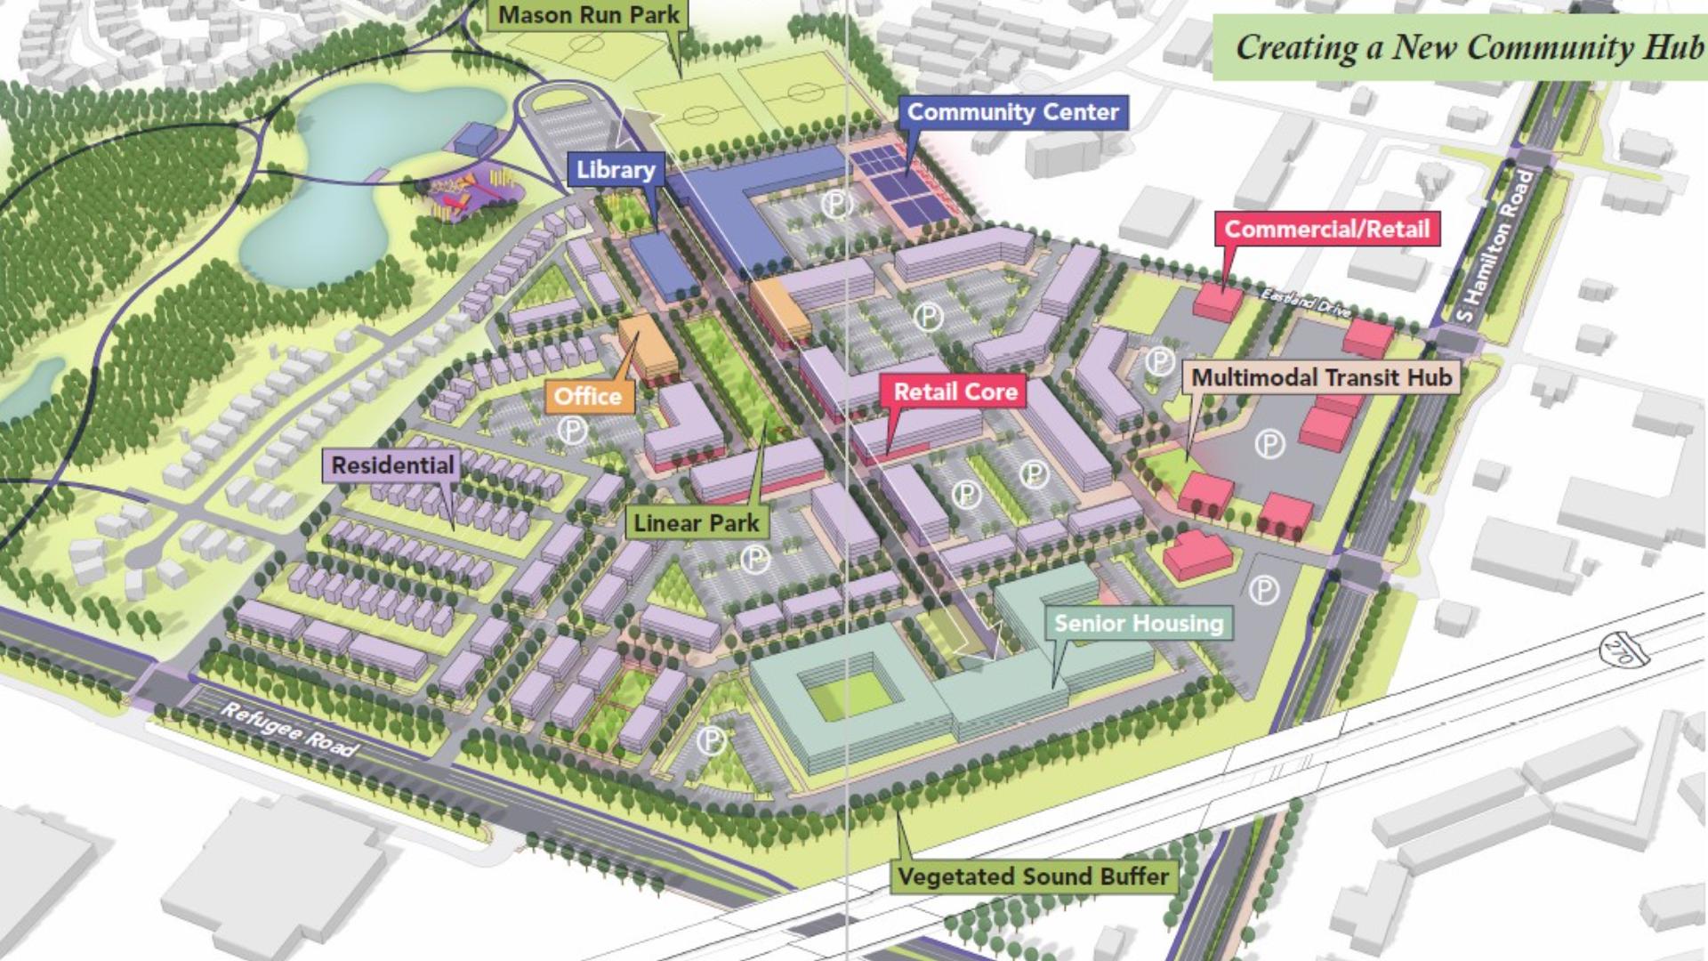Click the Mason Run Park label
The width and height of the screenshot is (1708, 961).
click(x=588, y=15)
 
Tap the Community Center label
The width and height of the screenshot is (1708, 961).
click(x=1012, y=113)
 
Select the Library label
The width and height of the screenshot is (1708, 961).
click(x=615, y=170)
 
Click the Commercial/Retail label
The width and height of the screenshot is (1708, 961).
click(x=1326, y=230)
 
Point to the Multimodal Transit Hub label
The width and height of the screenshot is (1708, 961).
click(x=1321, y=377)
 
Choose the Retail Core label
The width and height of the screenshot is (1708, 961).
click(x=955, y=392)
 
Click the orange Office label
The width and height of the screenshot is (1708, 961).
click(x=588, y=396)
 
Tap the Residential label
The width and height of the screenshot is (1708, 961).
click(x=392, y=465)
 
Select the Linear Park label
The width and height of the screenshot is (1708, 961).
click(x=697, y=523)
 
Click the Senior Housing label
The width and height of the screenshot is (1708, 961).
click(x=1139, y=623)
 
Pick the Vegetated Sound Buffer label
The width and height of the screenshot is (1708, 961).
click(x=1033, y=876)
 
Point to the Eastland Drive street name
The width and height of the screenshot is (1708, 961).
click(x=1306, y=303)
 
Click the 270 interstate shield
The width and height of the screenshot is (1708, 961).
click(x=1616, y=649)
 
